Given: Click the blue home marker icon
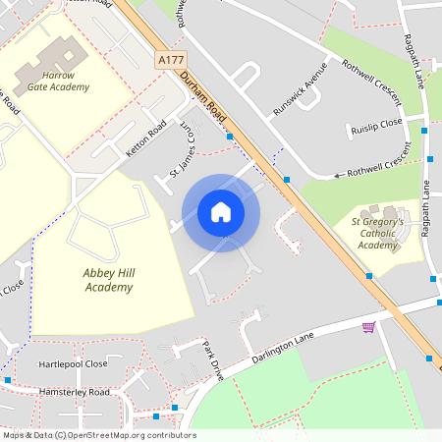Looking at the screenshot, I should [x=221, y=212].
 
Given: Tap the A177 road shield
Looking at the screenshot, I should [x=171, y=60].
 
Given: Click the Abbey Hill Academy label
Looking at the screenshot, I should [x=108, y=280].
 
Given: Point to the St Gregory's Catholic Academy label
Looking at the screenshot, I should [x=378, y=234].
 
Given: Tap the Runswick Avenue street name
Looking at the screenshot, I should [x=300, y=89].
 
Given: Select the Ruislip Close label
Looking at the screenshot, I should [x=376, y=127].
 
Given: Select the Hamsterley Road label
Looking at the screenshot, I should [x=74, y=392].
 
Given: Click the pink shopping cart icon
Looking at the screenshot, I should [x=368, y=327].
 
